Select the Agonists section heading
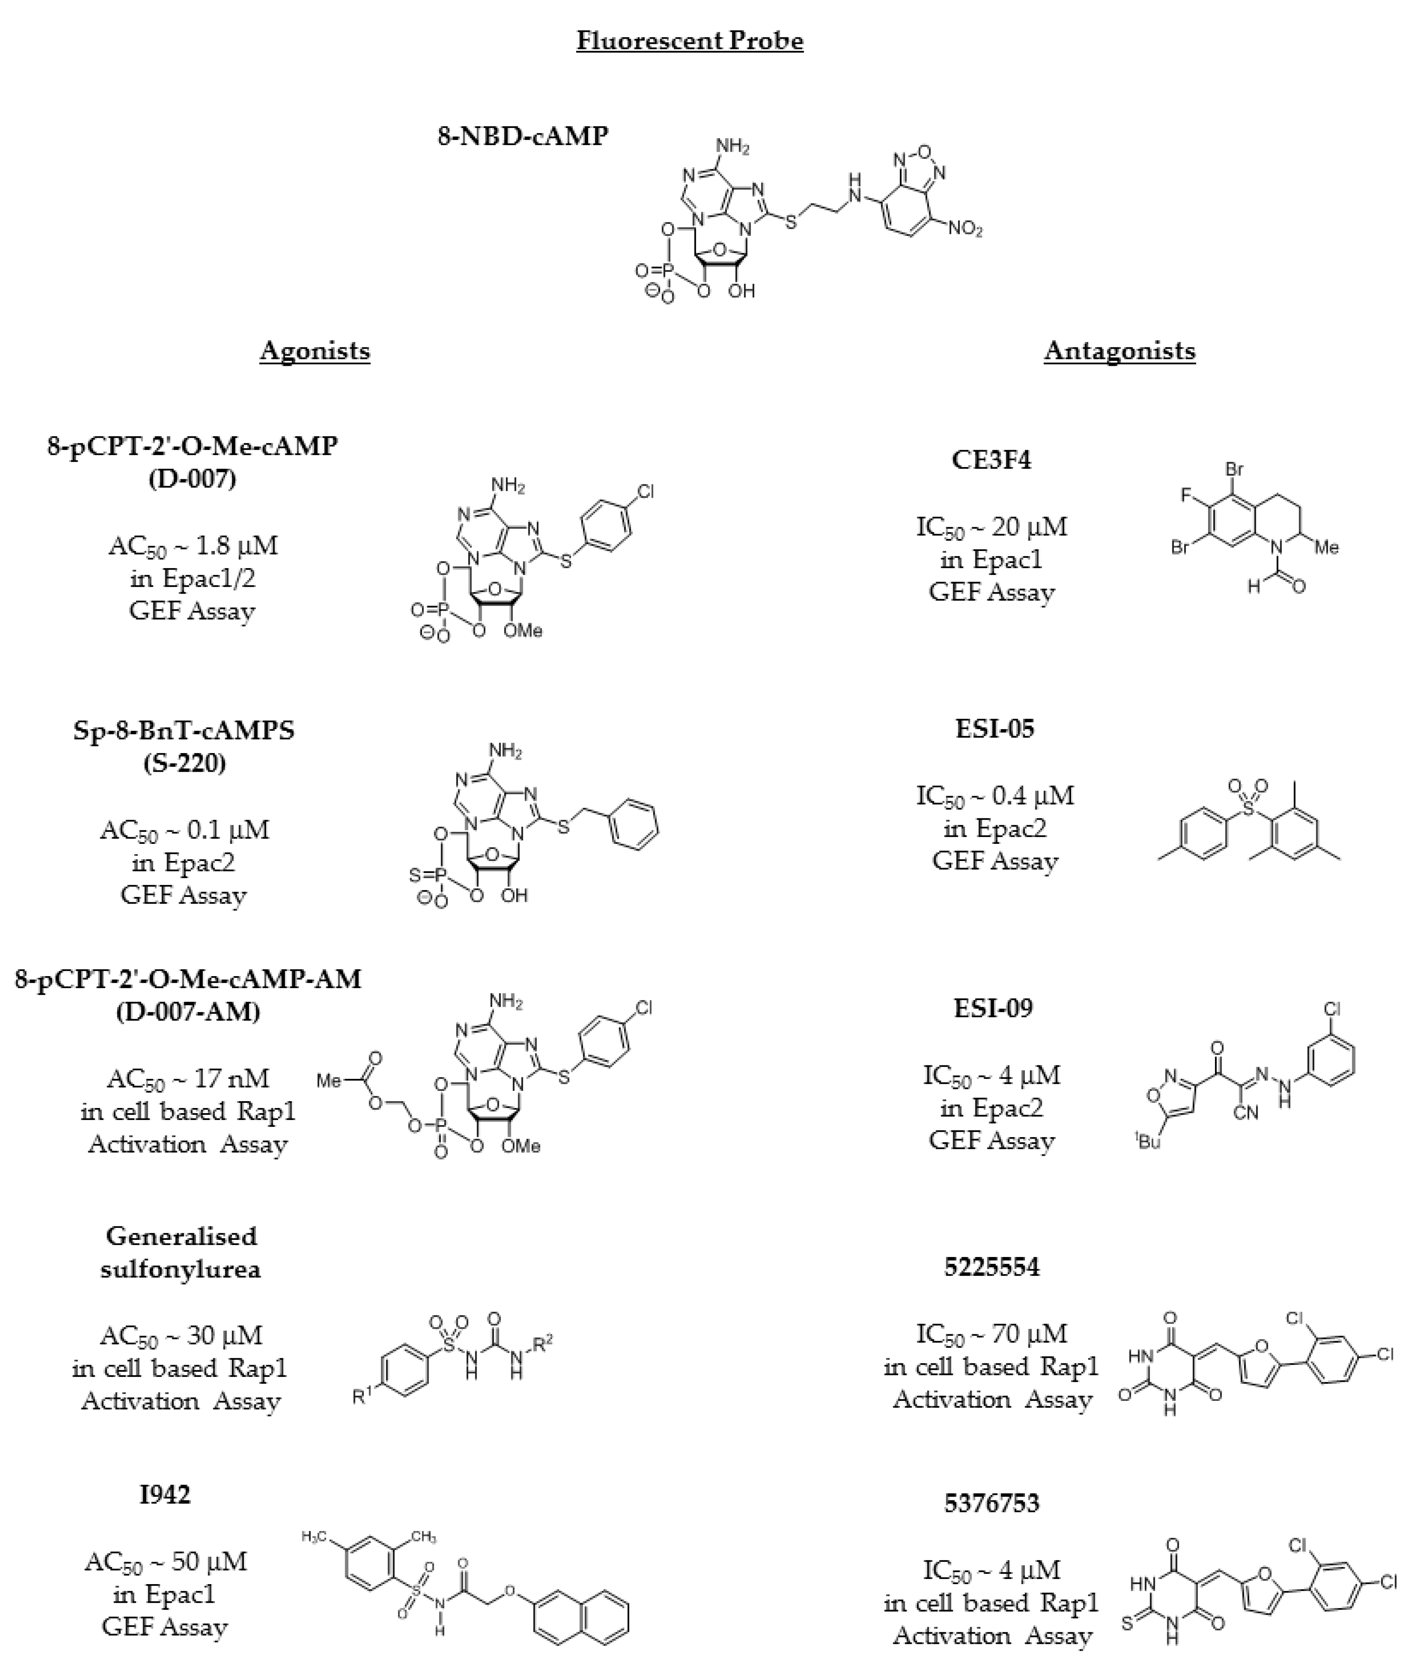point(315,351)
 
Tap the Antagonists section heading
point(1119,351)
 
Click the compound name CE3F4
point(992,460)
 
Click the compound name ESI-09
point(993,1008)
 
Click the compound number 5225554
point(992,1267)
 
